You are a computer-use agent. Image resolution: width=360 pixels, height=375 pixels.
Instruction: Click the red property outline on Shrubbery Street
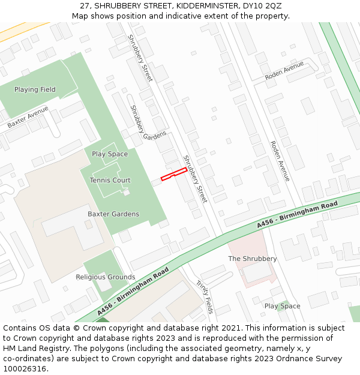(x=174, y=174)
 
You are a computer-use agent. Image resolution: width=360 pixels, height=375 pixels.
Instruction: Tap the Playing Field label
(x=35, y=89)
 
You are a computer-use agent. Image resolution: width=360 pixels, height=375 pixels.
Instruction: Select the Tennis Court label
(x=110, y=180)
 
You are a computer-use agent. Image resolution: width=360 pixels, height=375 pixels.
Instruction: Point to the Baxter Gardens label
(x=113, y=214)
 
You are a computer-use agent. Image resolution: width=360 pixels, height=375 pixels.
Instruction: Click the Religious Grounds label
(x=106, y=277)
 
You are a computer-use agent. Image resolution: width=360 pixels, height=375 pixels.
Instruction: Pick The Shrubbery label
(x=253, y=259)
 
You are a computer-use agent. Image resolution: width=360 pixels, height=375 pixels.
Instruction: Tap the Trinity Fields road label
(x=205, y=296)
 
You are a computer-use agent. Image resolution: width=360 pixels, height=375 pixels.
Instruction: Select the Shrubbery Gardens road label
(x=148, y=123)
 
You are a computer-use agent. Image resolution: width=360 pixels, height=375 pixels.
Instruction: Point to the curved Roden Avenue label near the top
(x=284, y=71)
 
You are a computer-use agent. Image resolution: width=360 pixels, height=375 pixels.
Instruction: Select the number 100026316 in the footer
(x=25, y=369)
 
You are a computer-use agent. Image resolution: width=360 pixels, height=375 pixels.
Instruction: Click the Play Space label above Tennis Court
(x=110, y=154)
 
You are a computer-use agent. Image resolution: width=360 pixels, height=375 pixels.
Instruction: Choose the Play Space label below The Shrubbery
(x=282, y=306)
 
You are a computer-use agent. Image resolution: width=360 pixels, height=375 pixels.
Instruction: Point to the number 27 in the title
(x=84, y=6)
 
